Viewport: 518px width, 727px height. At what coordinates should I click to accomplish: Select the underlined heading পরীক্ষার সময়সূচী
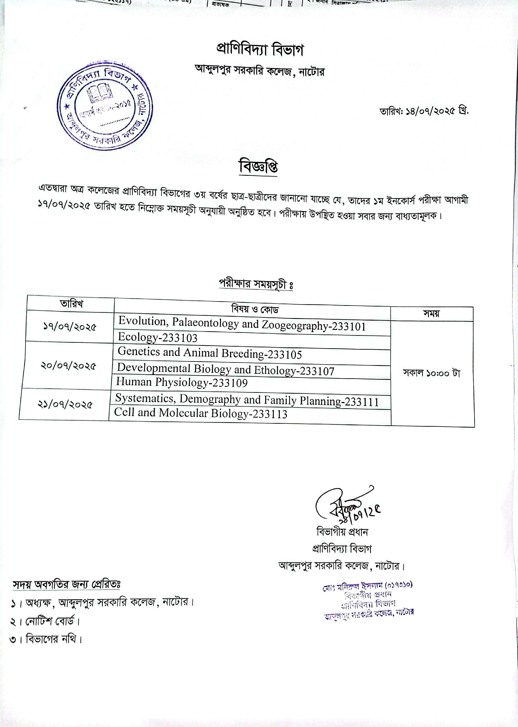click(256, 283)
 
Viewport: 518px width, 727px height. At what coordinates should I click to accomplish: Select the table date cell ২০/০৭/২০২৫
click(68, 366)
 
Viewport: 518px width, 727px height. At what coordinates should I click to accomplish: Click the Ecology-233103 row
click(158, 337)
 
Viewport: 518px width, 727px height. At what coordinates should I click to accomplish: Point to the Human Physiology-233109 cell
click(182, 382)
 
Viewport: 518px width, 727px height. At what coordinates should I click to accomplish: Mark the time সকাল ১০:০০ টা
click(432, 373)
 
